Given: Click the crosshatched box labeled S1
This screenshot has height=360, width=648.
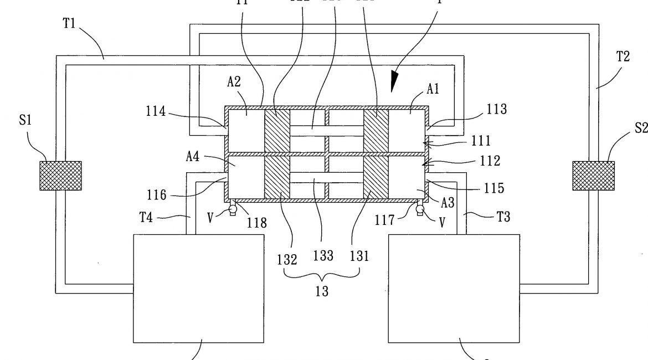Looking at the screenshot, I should click(60, 176).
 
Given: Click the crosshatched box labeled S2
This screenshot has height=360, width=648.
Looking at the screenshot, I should click(593, 176).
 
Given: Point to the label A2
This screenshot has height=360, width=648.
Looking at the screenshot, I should click(234, 82).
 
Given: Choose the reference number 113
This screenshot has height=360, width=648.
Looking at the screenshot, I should click(497, 110).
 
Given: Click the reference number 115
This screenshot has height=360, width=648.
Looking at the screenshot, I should click(493, 188).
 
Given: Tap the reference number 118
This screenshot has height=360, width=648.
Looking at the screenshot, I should click(257, 223).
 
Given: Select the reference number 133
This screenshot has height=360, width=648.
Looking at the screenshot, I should click(323, 255).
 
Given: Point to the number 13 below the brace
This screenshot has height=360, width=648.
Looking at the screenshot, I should click(322, 291).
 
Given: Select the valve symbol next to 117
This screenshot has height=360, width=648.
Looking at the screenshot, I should click(419, 208).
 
